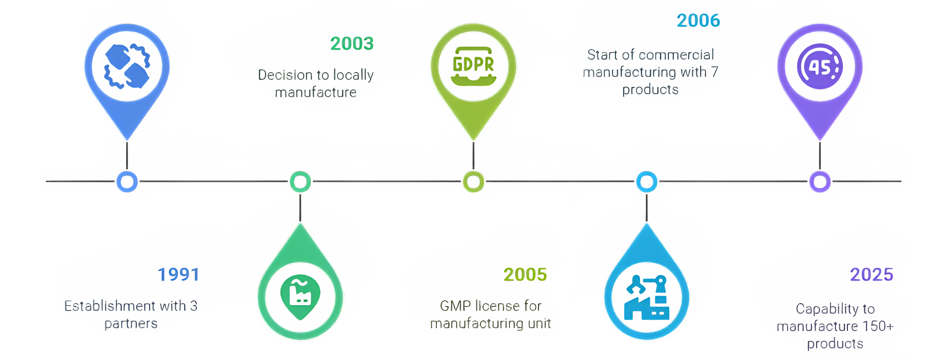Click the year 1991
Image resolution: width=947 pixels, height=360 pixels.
[x=179, y=274]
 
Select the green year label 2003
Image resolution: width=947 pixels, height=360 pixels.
[x=352, y=44]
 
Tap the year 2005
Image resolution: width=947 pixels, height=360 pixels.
[x=525, y=274]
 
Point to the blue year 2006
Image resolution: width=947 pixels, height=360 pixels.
[x=698, y=21]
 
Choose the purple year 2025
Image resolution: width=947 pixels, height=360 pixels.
[x=871, y=274]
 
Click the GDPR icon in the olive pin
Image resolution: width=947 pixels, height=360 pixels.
[x=473, y=65]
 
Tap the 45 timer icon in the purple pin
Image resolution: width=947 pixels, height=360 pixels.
[x=820, y=66]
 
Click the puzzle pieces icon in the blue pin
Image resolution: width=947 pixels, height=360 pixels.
[x=127, y=66]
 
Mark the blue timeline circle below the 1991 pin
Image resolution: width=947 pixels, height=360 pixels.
[x=127, y=182]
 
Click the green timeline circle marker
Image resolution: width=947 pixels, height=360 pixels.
[x=300, y=182]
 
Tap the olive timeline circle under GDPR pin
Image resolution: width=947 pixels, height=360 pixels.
[x=473, y=182]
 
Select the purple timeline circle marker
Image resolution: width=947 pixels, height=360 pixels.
[x=820, y=182]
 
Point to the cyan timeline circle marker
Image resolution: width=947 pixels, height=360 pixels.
[x=647, y=182]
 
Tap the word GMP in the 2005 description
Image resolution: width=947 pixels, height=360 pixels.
[x=455, y=306]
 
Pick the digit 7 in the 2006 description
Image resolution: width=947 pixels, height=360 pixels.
[x=714, y=72]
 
